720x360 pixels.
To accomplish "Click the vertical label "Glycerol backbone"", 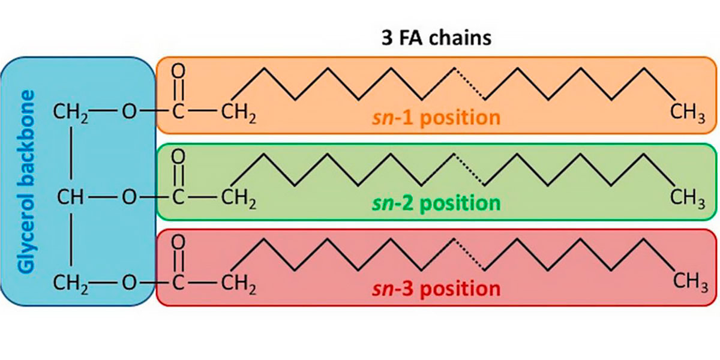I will click(26, 182).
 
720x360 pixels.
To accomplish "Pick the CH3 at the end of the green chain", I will click(688, 198).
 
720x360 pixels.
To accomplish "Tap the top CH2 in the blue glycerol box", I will click(71, 112).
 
